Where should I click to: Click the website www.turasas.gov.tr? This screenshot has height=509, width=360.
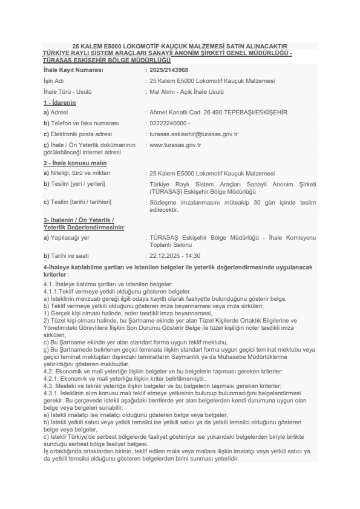[x=175, y=145]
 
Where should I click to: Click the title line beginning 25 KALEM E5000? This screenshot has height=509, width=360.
[x=180, y=46]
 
